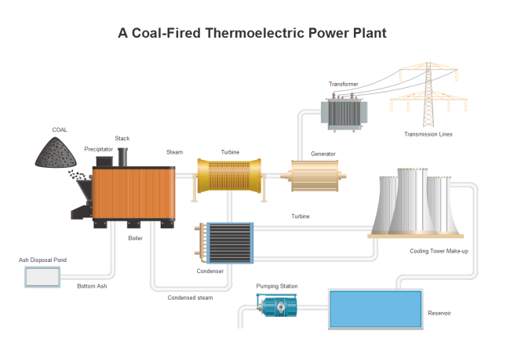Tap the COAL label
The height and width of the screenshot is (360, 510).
60,129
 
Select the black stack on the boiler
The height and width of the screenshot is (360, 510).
123,156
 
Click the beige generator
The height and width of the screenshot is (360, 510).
318,176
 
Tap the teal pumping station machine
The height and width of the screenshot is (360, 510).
279,307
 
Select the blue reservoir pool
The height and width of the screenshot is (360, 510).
375,309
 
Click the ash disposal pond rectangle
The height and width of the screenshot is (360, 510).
42,277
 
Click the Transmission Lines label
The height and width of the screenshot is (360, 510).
428,134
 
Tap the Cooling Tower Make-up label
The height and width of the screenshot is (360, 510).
439,251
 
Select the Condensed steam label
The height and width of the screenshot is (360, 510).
190,297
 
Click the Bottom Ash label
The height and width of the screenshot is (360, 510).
92,286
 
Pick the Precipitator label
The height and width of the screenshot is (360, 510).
99,148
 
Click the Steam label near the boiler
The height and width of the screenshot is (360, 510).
174,152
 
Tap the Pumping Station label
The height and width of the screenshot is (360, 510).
277,286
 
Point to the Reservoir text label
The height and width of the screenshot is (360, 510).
439,313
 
